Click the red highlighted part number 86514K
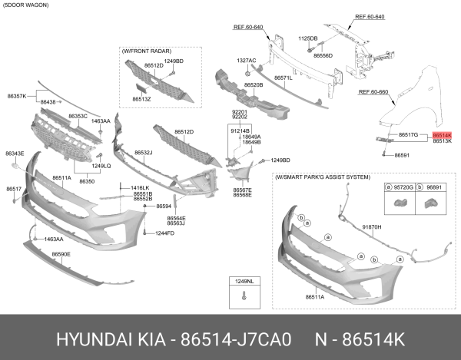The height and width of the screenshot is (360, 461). (x=442, y=134)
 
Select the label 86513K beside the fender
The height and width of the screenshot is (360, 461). (x=442, y=142)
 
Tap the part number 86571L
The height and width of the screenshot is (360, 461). (x=284, y=78)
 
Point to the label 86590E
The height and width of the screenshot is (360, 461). (x=61, y=253)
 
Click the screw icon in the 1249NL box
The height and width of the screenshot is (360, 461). (x=244, y=296)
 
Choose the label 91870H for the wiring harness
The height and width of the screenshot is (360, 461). (x=372, y=228)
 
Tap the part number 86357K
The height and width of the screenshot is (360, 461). (x=17, y=96)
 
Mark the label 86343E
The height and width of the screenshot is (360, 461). (x=15, y=154)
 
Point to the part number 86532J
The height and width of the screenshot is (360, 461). (x=144, y=153)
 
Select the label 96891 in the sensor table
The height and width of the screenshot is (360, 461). (x=434, y=187)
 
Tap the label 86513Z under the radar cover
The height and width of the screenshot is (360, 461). (x=141, y=99)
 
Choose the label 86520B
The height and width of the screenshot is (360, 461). (x=254, y=84)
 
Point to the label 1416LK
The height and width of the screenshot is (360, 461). (x=139, y=188)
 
